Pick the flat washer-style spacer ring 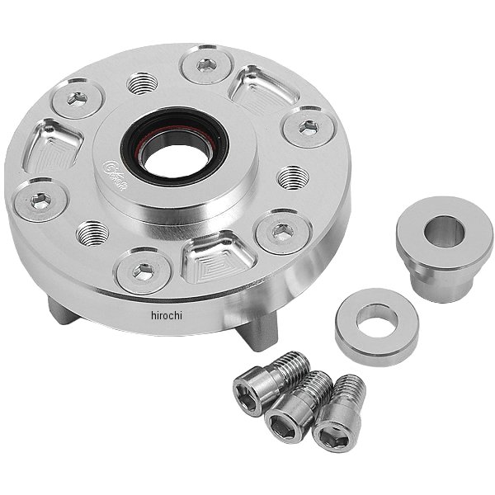point(376,327)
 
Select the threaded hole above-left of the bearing point(141,82)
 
